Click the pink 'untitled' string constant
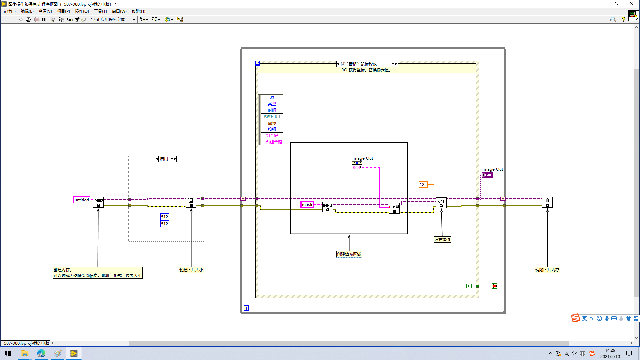82,200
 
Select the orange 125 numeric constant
423,185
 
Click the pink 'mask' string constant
307,205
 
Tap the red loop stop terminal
495,286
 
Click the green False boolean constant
469,286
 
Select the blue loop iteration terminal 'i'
246,308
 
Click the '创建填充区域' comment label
349,254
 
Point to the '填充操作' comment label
442,240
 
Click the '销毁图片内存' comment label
547,270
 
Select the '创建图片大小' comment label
191,270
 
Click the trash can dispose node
547,202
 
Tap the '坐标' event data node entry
272,123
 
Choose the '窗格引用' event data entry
272,117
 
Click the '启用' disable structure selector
166,159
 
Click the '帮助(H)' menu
138,11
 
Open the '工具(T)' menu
100,11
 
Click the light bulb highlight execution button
53,20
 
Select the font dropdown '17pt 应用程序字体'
113,20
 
